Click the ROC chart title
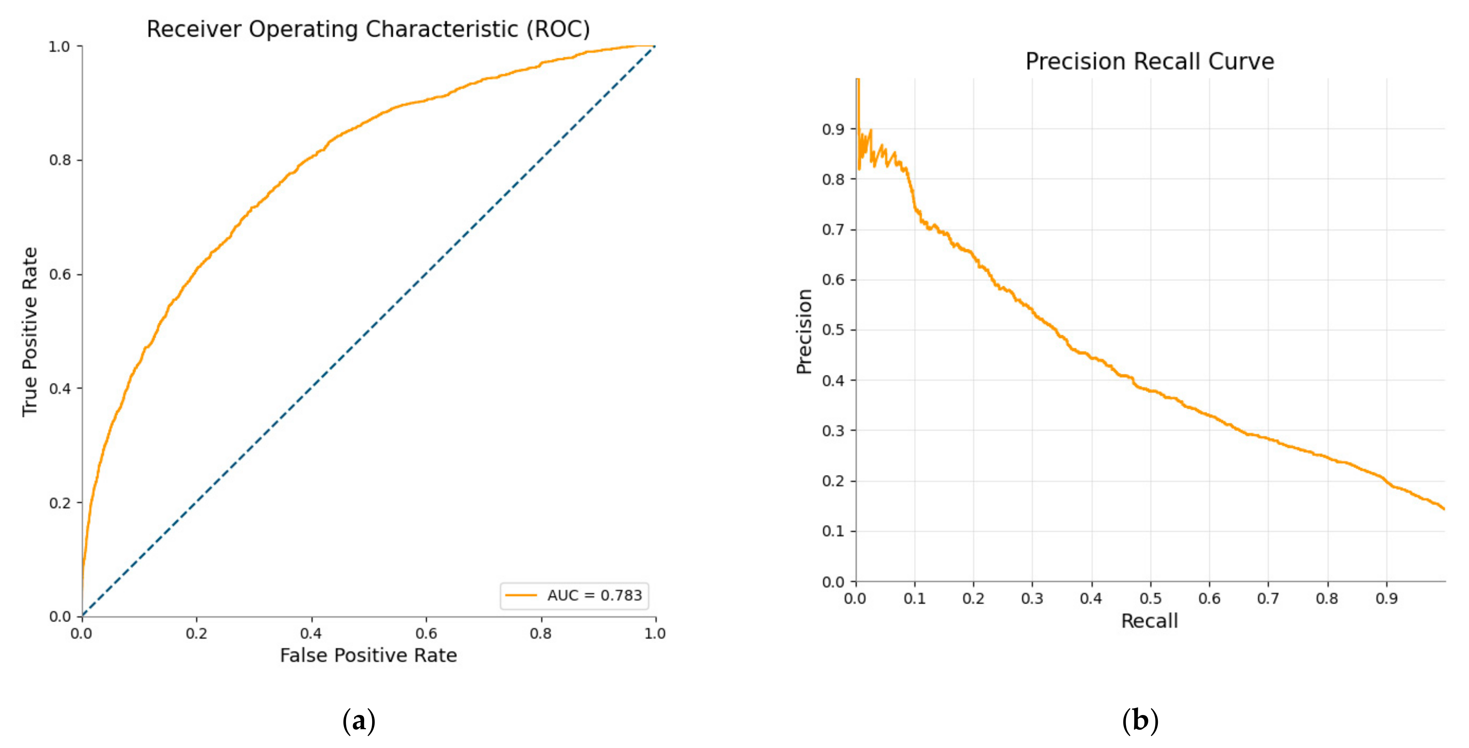(368, 29)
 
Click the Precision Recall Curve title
(1149, 62)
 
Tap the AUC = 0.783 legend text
(594, 596)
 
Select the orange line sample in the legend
(520, 596)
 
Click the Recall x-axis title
(1149, 621)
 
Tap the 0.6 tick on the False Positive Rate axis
(426, 633)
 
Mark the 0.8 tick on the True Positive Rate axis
(60, 160)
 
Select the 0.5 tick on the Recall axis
(1150, 598)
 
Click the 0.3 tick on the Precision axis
(833, 431)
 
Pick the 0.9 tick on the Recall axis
(1386, 598)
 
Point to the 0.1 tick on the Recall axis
(915, 598)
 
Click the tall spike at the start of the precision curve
(858, 103)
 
